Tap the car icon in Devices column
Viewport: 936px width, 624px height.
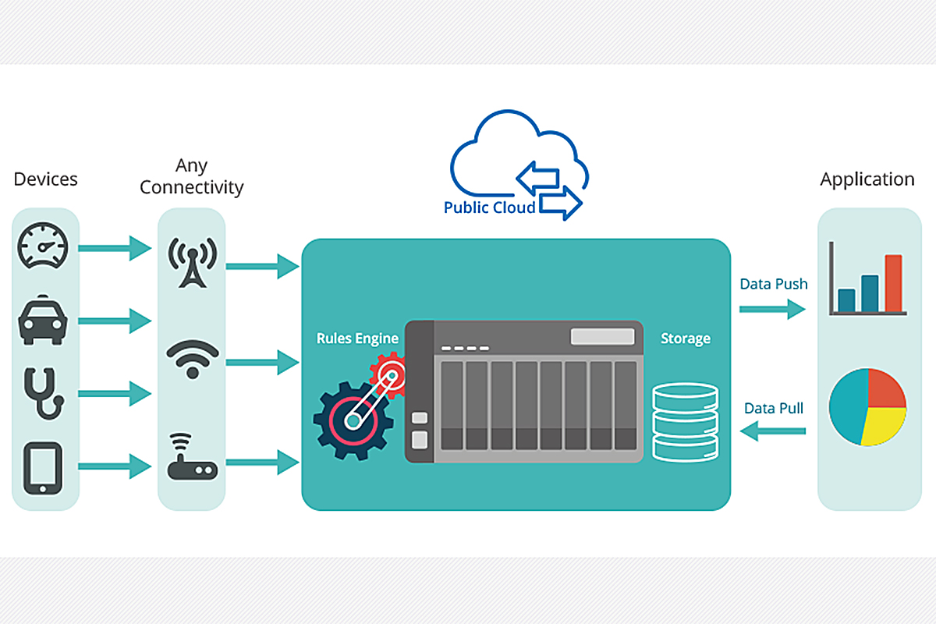coord(43,320)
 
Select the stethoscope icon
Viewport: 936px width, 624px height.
coord(43,393)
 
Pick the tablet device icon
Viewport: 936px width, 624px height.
coord(43,467)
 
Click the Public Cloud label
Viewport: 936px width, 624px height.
coord(489,207)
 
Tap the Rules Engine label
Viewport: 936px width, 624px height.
coord(357,339)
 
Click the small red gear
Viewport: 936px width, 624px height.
coord(387,372)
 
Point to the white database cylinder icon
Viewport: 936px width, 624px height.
coord(684,421)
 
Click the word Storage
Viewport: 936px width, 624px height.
coord(686,339)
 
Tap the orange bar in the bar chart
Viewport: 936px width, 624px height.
coord(893,282)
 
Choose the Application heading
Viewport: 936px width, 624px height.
coord(867,179)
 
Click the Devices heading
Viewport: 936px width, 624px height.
coord(46,179)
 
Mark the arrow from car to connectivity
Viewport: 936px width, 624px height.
coord(115,320)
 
